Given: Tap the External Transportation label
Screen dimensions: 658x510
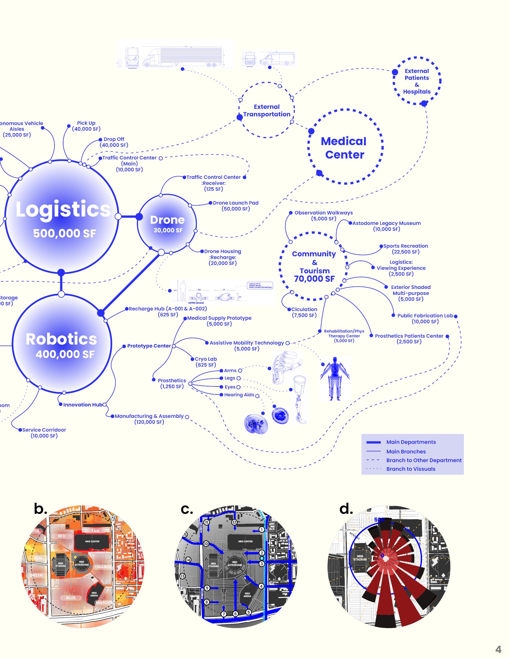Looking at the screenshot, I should coord(267,111).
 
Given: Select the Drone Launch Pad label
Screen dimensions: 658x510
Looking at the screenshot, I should coord(236,203).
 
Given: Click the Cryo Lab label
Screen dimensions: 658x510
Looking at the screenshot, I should coord(206,359).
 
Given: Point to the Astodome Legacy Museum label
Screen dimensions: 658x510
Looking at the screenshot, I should coord(386,223).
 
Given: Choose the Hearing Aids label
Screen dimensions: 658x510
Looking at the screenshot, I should coord(239,395).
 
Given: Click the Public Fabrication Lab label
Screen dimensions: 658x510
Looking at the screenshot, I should coord(425,316).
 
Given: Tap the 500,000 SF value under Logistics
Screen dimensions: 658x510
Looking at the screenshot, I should coord(65,234).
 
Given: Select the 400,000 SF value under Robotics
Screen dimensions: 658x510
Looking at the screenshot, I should coord(65,354).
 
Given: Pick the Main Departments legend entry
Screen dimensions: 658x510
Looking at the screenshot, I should coord(411,442).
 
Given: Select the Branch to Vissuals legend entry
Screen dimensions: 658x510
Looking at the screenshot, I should coord(411,469).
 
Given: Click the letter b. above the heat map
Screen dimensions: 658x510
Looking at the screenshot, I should coord(40,509).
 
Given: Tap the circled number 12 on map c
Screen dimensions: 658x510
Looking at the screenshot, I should coord(234,522).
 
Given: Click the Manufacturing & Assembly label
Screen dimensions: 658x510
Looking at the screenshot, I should coord(149,416).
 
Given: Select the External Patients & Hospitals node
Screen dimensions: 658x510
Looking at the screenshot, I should coord(417,81).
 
